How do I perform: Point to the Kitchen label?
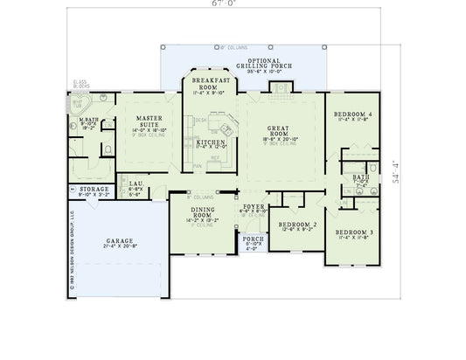coord(210,141)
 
